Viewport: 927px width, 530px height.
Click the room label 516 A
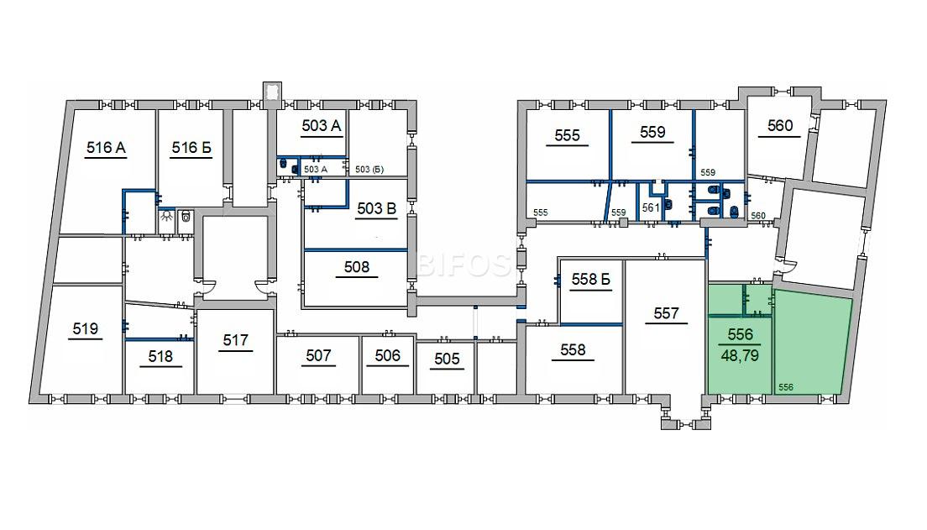(x=106, y=147)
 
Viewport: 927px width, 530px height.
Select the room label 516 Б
(x=191, y=147)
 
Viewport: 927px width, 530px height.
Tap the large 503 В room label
(x=376, y=208)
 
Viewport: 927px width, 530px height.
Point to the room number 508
(x=357, y=267)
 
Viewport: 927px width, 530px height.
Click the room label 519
(x=85, y=328)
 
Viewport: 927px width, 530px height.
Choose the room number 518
(x=160, y=356)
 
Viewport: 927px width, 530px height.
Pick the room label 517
(x=235, y=340)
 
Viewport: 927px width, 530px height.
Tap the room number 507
(x=318, y=355)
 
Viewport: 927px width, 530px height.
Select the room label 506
(x=387, y=355)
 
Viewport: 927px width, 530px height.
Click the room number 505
(x=447, y=359)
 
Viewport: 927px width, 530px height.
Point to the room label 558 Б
(x=590, y=279)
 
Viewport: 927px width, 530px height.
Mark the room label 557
(x=667, y=312)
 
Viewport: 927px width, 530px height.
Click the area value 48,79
(x=740, y=355)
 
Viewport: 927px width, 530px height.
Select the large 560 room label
(x=780, y=125)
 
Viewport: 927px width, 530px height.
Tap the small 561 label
(x=650, y=207)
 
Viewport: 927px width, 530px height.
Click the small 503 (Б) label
(x=369, y=169)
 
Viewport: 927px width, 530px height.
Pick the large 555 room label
(x=567, y=135)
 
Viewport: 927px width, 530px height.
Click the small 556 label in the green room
(x=786, y=387)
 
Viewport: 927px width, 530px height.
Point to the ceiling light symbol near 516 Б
(x=167, y=216)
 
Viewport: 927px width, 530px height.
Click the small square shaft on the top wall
(x=272, y=92)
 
